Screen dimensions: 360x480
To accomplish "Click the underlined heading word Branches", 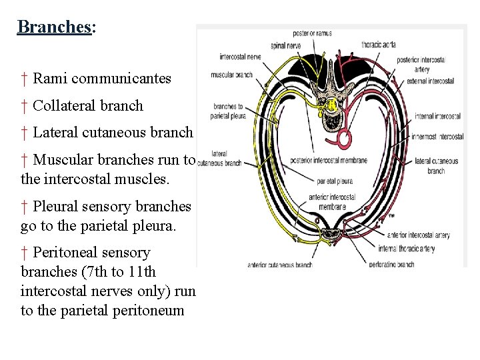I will (54, 27).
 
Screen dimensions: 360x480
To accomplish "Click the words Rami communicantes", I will (101, 79).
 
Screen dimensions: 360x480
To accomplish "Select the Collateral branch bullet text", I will (87, 105).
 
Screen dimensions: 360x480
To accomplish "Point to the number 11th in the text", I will (142, 272).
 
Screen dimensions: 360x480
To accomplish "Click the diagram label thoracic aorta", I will (378, 44).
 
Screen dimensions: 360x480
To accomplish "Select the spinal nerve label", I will (285, 45).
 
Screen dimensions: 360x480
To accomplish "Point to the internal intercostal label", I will (437, 116).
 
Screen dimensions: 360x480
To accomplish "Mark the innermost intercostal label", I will (437, 137).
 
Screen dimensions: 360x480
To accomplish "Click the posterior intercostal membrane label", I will (329, 160).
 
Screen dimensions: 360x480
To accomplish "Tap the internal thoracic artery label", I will (405, 249).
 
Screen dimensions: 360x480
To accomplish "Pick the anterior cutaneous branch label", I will (279, 265).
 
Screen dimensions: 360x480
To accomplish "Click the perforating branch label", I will (391, 264).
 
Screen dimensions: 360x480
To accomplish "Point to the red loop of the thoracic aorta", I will (346, 139).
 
